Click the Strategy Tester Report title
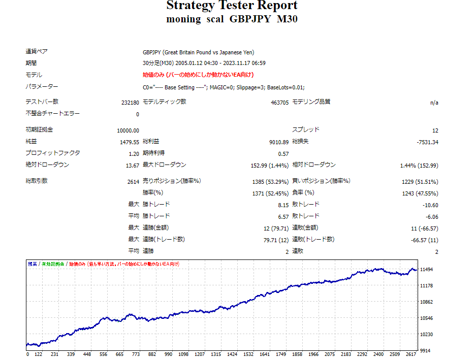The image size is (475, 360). pyautogui.click(x=232, y=6)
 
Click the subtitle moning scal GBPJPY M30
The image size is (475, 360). pyautogui.click(x=232, y=19)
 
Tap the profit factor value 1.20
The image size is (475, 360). pyautogui.click(x=134, y=154)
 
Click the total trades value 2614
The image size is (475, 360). pyautogui.click(x=133, y=182)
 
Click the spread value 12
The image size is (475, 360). pyautogui.click(x=435, y=130)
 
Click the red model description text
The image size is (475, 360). pyautogui.click(x=198, y=75)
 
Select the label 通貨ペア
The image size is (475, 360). pyautogui.click(x=37, y=52)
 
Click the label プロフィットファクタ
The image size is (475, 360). pyautogui.click(x=52, y=153)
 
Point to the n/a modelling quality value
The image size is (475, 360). pyautogui.click(x=434, y=103)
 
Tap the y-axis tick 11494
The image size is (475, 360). pyautogui.click(x=426, y=269)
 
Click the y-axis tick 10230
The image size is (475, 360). pyautogui.click(x=426, y=334)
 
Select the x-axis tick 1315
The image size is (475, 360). pyautogui.click(x=216, y=354)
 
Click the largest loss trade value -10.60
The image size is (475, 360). pyautogui.click(x=429, y=205)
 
